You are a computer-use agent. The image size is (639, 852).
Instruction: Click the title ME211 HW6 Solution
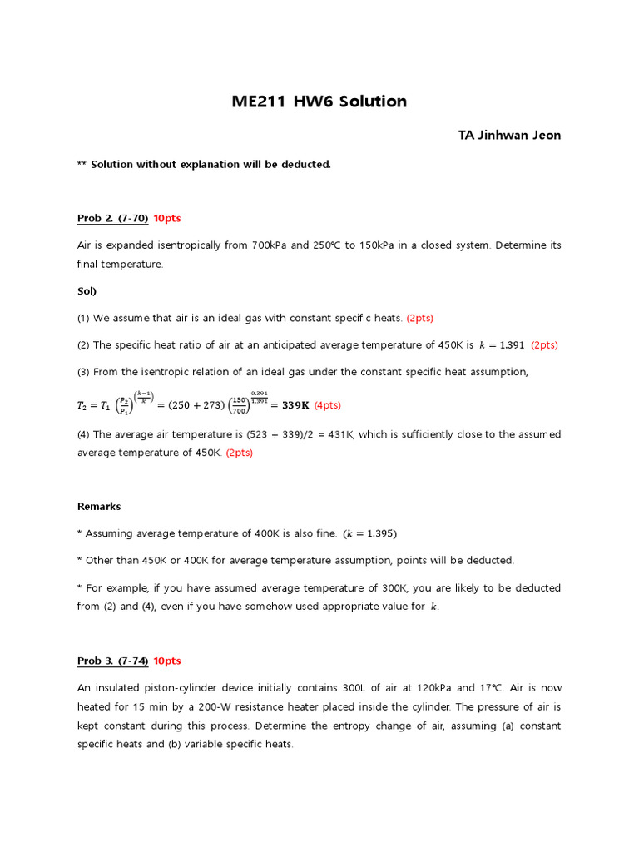319,102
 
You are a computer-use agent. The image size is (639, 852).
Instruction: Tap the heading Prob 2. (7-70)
113,218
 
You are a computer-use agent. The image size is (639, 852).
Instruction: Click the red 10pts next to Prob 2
167,218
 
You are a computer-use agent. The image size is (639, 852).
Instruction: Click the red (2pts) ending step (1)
420,318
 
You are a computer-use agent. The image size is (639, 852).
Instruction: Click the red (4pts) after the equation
328,405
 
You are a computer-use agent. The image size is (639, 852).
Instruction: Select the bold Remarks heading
99,506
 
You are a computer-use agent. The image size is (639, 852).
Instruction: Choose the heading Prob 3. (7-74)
113,661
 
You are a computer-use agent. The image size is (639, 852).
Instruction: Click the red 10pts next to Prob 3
167,661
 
